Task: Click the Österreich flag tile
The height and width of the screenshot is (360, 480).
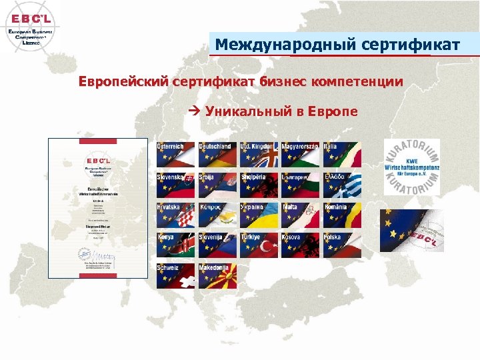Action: point(175,155)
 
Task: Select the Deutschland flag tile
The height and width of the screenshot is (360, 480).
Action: point(217,155)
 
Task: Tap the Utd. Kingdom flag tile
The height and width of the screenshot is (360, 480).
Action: point(259,155)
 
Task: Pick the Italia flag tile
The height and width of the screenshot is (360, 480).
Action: point(342,155)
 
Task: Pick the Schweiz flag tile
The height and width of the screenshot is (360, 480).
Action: point(175,275)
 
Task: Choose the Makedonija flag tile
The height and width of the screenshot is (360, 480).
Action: point(217,275)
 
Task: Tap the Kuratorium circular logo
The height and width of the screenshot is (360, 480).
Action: point(411,167)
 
